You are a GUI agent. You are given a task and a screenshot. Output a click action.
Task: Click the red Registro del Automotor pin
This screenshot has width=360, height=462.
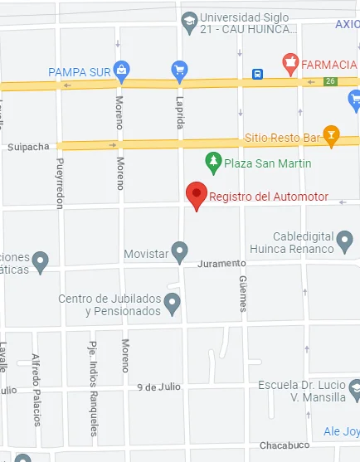click(x=196, y=195)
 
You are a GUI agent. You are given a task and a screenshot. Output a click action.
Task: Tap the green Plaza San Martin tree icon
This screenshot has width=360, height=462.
click(x=213, y=163)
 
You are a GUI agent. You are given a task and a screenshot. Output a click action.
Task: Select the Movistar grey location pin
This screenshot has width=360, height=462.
click(x=180, y=251)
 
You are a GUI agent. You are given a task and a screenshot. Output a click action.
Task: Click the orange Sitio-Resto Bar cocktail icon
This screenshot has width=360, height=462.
click(x=332, y=135)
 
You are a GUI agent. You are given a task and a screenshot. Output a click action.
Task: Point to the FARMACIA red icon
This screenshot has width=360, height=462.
click(x=289, y=62)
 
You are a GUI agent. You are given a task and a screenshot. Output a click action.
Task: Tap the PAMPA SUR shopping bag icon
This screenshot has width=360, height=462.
click(x=122, y=71)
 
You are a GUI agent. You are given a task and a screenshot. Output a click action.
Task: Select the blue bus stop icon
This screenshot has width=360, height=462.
click(x=258, y=74)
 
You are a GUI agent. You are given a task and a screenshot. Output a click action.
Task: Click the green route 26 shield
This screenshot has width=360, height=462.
click(x=330, y=80)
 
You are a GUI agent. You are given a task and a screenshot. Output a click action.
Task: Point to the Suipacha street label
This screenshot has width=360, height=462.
click(x=28, y=147)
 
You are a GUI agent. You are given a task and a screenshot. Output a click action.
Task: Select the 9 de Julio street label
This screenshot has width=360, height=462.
click(x=159, y=387)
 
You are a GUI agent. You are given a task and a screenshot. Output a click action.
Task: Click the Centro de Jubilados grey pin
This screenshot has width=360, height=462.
click(x=173, y=304)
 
